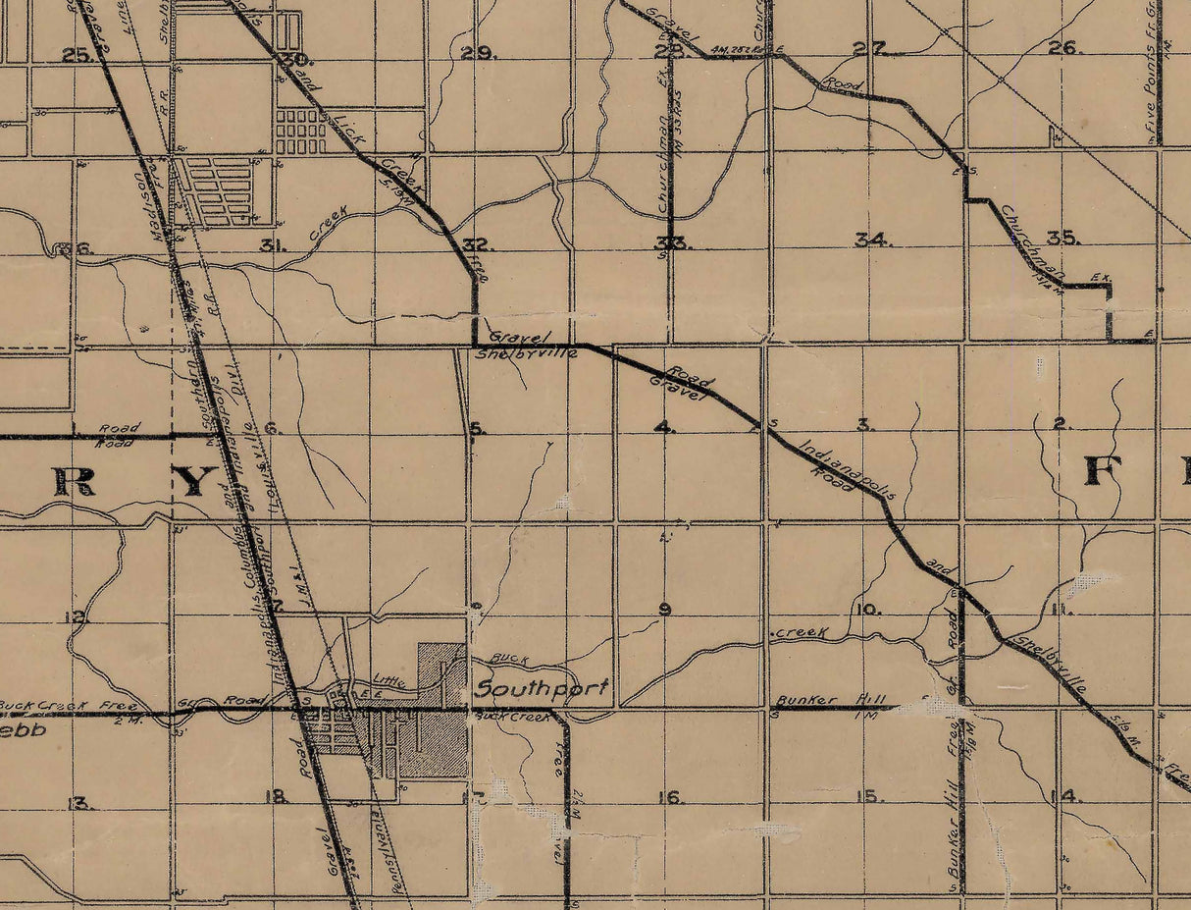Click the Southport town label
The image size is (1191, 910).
click(541, 688)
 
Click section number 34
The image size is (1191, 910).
click(871, 239)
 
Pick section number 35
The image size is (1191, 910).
click(1063, 238)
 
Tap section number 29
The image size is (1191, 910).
click(480, 52)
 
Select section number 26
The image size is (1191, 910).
click(1063, 47)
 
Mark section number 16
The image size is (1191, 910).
click(670, 797)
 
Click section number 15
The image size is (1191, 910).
click(867, 796)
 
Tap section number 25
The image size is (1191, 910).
click(77, 55)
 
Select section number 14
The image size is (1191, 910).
click(1064, 795)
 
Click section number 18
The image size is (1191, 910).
click(277, 796)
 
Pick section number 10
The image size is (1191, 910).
click(867, 610)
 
